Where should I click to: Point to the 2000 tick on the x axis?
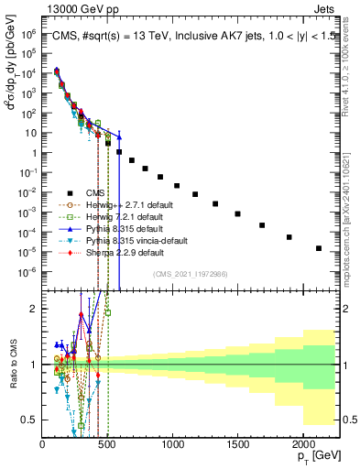point(302,444)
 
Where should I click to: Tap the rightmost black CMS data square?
point(319,248)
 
